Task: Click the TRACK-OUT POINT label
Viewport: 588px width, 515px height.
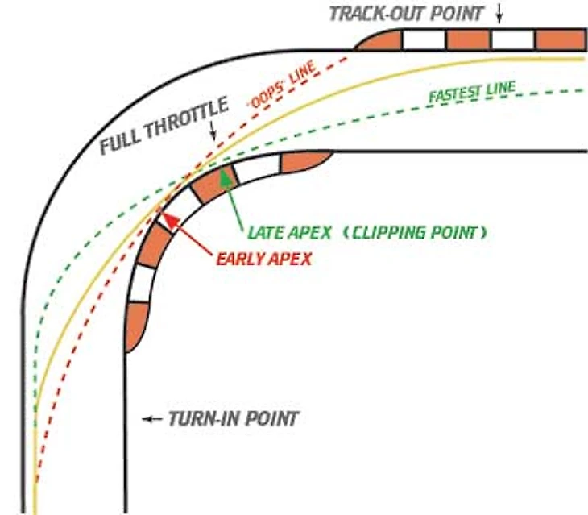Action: (x=408, y=13)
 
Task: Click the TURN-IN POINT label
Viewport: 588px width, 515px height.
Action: (x=233, y=419)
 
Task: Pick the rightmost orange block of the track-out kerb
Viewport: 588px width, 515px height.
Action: (x=560, y=39)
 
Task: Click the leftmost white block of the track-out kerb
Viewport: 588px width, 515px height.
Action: (x=424, y=39)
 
